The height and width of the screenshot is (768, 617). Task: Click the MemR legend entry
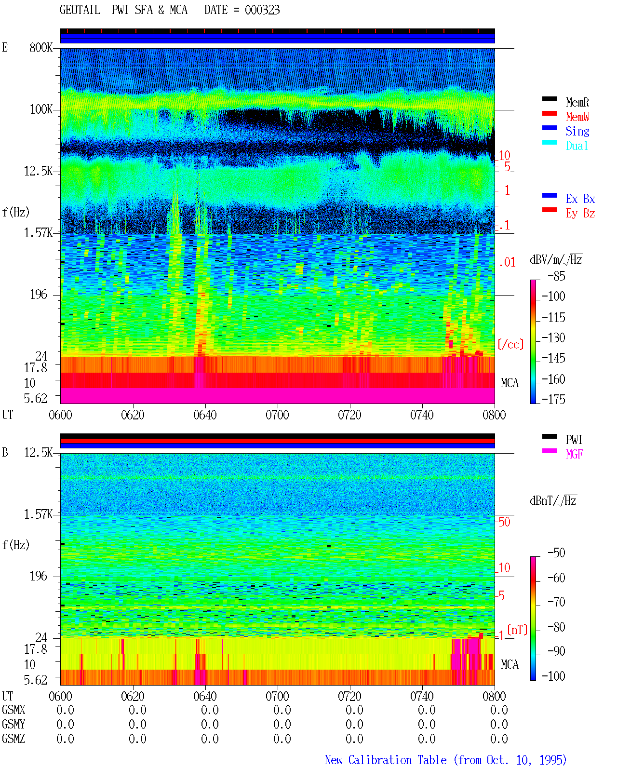click(577, 102)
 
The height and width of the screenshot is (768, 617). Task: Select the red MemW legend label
click(577, 117)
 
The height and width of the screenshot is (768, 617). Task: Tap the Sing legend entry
click(577, 131)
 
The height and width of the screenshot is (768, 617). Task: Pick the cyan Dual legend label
click(577, 146)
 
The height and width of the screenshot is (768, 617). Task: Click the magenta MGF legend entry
click(574, 454)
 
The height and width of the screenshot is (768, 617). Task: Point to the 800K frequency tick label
click(41, 47)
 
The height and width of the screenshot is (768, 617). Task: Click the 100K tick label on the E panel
click(41, 109)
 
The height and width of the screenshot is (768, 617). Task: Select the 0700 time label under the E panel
click(277, 415)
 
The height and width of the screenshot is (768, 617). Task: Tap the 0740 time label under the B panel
click(422, 696)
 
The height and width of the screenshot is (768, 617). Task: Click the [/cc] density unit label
click(510, 344)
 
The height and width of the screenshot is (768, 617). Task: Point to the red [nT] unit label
click(517, 629)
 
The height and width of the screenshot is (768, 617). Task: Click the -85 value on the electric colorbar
click(556, 276)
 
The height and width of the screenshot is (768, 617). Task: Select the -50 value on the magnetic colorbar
click(556, 553)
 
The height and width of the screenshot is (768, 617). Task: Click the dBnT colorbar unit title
click(553, 500)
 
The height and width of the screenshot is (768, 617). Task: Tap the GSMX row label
click(13, 710)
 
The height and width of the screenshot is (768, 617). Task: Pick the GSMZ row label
click(13, 739)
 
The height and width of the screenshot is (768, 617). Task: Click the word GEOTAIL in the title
click(80, 10)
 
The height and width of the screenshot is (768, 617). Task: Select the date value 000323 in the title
click(262, 10)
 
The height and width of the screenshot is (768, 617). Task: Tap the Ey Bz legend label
click(580, 213)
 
